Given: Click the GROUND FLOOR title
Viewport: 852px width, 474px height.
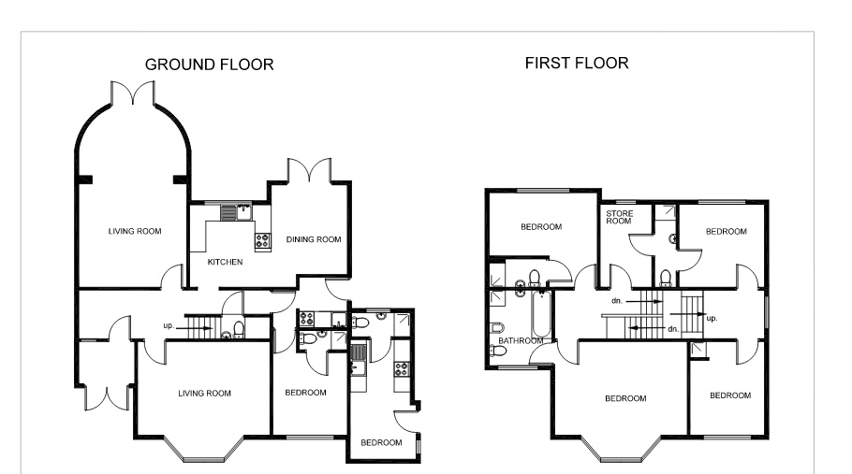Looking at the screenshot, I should point(208,65).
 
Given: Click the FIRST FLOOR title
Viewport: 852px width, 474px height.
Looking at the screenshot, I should point(577,64).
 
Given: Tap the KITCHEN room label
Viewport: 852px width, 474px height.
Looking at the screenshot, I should point(225,263).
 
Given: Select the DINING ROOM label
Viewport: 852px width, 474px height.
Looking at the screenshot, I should point(313,239).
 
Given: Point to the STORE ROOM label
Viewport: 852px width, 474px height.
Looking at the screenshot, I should point(620,219).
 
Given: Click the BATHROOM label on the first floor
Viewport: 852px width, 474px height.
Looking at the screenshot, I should point(521,341).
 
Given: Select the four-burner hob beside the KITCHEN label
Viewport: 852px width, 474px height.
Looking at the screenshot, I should point(261,238).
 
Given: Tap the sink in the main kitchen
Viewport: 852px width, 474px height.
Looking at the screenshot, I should point(242,211).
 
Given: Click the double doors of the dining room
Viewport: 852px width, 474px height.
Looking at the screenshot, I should point(308,170).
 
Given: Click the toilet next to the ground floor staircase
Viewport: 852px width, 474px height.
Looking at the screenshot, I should point(239,327).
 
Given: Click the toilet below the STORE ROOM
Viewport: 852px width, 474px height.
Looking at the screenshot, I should point(664,278).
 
